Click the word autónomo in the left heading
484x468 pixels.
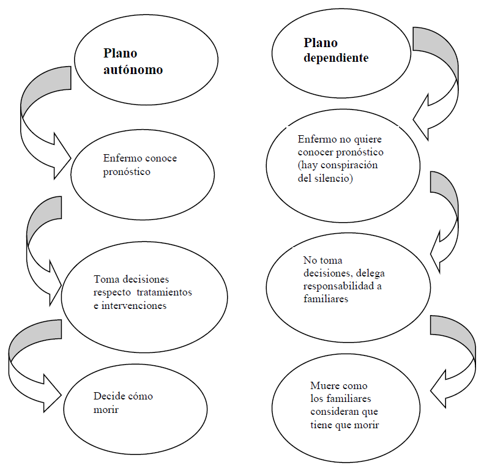tap(133, 69)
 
